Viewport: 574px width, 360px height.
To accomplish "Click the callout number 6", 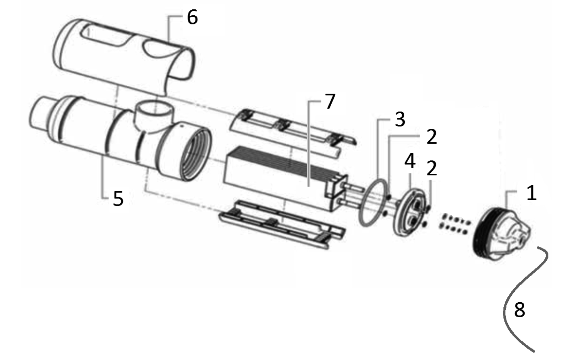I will click(192, 18).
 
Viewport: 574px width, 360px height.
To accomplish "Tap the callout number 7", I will click(329, 101).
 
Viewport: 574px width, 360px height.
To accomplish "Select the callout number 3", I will click(400, 119).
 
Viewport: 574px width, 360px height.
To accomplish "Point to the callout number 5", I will click(118, 198).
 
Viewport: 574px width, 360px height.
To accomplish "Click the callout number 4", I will click(409, 161).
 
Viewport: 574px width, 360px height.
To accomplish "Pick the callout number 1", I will click(531, 193).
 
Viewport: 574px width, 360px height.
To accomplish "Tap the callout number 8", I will click(519, 310).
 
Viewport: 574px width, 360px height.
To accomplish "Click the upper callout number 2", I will click(431, 137).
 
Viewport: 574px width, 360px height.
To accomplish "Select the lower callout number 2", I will click(431, 168).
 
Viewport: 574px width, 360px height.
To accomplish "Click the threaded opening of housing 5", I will click(196, 154).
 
